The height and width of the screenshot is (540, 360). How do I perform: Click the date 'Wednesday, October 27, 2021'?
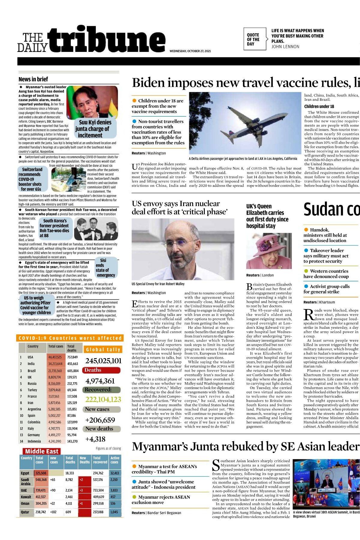(x=190, y=51)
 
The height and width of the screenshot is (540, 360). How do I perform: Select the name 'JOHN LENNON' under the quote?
(x=285, y=47)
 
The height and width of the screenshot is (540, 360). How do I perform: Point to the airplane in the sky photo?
(x=245, y=121)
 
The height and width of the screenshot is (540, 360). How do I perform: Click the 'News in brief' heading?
(x=33, y=79)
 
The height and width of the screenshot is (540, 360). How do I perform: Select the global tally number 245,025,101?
(x=103, y=361)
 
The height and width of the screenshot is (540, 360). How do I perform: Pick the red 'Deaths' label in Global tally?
(x=102, y=370)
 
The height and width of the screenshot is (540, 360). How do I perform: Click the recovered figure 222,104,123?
(x=103, y=400)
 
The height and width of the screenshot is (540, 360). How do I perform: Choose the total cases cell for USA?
(x=55, y=357)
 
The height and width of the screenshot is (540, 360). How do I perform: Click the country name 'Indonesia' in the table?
(x=34, y=441)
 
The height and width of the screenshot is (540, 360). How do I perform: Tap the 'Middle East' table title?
(x=42, y=451)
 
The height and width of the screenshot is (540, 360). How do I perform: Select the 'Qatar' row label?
(x=25, y=512)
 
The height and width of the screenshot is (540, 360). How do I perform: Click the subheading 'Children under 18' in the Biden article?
(x=319, y=106)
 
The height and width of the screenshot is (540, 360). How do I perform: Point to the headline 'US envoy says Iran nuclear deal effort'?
(x=180, y=208)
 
